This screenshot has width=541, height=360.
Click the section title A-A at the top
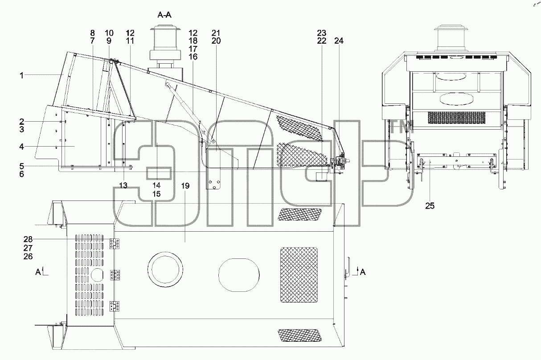click(164, 15)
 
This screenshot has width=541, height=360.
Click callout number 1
click(22, 76)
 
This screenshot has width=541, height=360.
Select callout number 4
click(22, 147)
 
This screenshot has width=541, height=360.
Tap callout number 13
click(123, 185)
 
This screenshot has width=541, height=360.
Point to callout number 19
click(185, 186)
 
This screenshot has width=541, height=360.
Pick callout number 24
click(339, 41)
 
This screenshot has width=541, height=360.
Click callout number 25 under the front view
click(430, 206)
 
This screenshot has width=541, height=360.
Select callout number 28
click(28, 239)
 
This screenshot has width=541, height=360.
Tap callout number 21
click(216, 33)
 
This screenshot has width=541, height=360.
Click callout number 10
click(109, 33)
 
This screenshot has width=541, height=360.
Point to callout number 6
click(22, 174)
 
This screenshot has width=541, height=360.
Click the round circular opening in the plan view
click(165, 270)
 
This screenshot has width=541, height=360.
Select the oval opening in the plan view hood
click(239, 275)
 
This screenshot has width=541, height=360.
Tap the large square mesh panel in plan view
click(299, 275)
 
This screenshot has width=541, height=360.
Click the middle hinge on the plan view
click(115, 275)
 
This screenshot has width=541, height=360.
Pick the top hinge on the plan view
click(115, 244)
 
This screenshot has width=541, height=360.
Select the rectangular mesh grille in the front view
click(456, 118)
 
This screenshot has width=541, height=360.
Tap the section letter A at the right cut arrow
click(363, 272)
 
